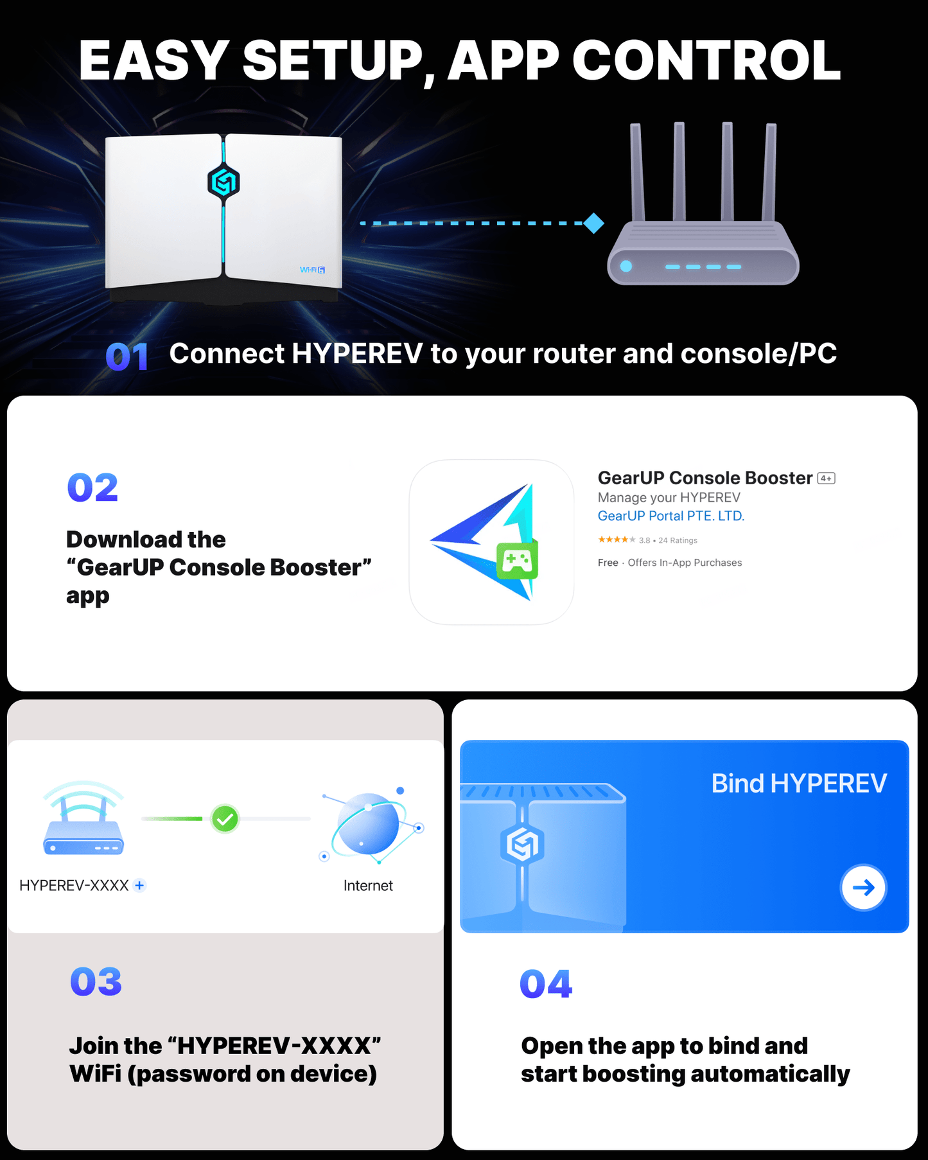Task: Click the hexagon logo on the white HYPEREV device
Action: click(x=223, y=182)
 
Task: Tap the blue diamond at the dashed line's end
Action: click(x=594, y=224)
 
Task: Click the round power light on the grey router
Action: click(x=626, y=267)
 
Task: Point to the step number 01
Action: click(x=127, y=357)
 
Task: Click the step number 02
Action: click(x=93, y=488)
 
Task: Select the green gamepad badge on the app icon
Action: click(x=517, y=561)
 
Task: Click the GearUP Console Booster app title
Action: click(x=705, y=478)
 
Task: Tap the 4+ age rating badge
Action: click(x=826, y=479)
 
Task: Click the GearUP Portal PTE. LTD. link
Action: click(x=671, y=516)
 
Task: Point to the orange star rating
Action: click(x=617, y=540)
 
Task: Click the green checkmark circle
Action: click(x=225, y=819)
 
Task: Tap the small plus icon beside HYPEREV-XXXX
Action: click(x=139, y=885)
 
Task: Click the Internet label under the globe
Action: click(x=368, y=886)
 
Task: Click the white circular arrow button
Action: click(x=864, y=888)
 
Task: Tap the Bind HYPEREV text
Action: click(x=799, y=784)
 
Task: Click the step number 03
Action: click(x=96, y=981)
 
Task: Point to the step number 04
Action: click(x=546, y=984)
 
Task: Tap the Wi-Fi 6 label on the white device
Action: click(x=313, y=270)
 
